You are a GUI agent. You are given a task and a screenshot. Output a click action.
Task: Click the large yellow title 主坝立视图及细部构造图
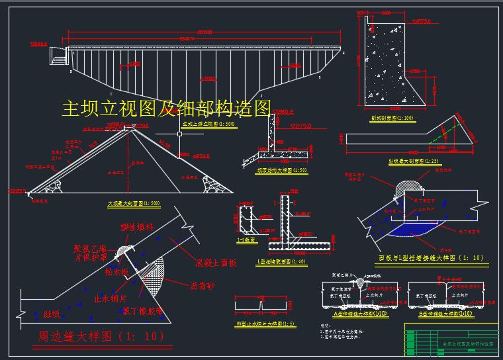pyautogui.click(x=166, y=108)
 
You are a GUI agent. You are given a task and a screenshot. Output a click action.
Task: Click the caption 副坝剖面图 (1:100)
pyautogui.click(x=392, y=118)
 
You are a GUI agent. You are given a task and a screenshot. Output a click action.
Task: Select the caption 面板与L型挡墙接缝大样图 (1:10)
pyautogui.click(x=431, y=258)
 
